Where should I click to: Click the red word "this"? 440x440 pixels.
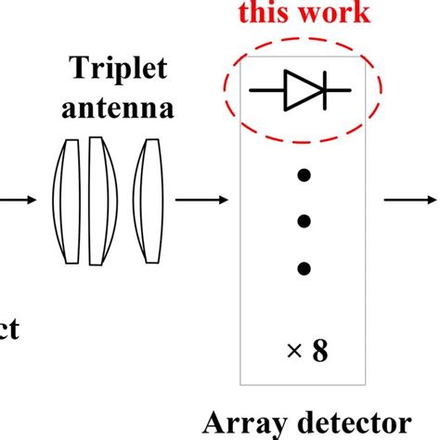point(263,13)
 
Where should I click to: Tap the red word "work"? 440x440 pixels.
point(334,13)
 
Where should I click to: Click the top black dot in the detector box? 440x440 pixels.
point(303,174)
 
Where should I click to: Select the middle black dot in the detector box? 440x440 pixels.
point(303,221)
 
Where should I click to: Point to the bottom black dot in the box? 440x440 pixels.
point(303,269)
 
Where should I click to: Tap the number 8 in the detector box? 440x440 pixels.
point(319,353)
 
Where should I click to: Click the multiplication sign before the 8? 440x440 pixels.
point(293,354)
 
